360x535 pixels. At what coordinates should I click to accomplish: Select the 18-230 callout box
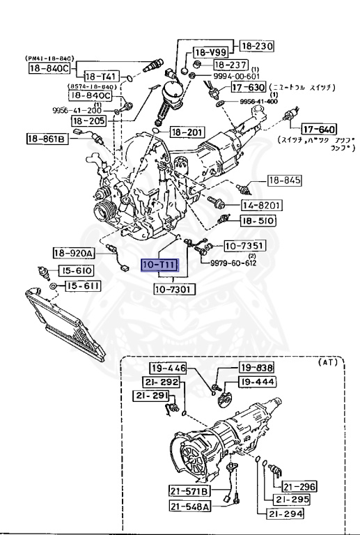257,47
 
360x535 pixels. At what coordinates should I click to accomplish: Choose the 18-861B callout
47,138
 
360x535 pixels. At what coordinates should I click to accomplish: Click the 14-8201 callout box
260,206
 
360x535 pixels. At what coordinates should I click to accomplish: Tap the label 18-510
258,221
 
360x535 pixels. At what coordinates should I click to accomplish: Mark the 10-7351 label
243,246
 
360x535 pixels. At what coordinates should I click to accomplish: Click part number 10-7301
169,288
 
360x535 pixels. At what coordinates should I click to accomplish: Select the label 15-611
83,286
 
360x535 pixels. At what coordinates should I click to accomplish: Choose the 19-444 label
257,381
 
